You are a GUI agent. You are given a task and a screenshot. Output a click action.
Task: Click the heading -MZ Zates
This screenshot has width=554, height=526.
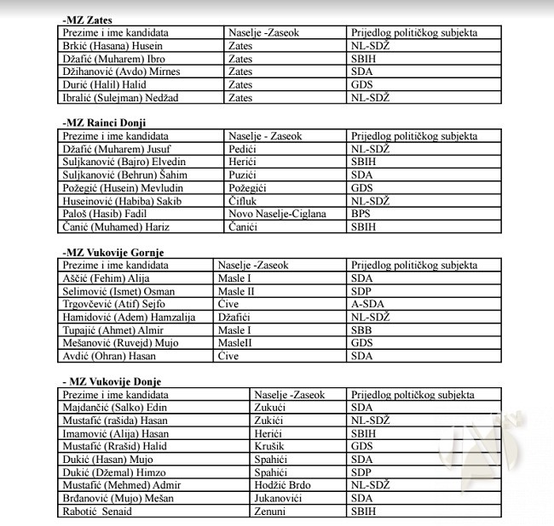pos(87,20)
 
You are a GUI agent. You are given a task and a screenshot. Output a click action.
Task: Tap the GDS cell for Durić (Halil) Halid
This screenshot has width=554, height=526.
pos(362,85)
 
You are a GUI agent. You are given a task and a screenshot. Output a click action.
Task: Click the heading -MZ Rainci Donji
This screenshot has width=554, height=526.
pos(104,123)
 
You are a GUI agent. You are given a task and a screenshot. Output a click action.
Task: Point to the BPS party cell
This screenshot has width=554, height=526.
pos(361,214)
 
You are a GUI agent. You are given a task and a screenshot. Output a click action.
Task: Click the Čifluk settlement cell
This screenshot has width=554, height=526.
pos(245,201)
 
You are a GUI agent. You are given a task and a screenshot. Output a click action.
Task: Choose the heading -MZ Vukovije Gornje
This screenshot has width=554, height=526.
pos(113,252)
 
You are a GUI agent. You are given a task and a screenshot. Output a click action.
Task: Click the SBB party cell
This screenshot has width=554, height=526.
pos(361,329)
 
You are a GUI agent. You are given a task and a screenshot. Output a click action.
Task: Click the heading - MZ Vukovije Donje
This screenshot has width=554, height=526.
pos(112,381)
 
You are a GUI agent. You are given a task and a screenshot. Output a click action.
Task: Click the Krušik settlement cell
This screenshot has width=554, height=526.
pos(269,446)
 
